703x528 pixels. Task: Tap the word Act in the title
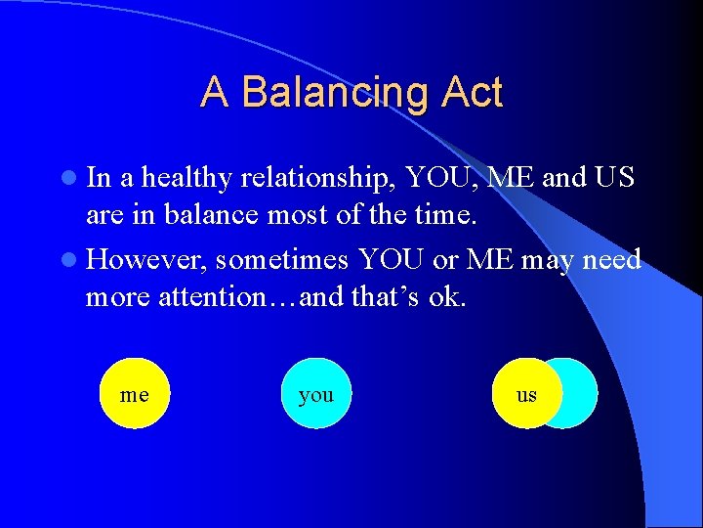pos(472,93)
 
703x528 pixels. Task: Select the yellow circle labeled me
pos(135,394)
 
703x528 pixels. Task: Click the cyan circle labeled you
pos(315,394)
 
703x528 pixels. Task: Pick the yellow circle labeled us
pos(523,394)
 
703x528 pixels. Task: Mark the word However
pos(146,260)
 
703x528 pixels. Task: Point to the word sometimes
pos(284,260)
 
